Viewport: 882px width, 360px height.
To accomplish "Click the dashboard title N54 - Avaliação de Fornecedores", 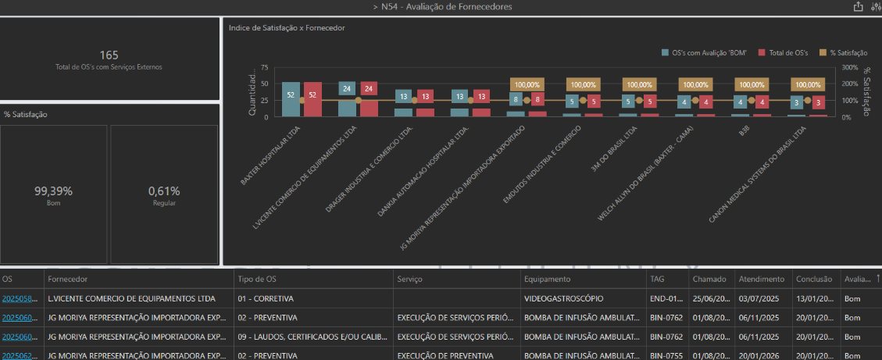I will [x=443, y=7].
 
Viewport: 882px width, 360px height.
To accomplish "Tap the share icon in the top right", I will [x=859, y=7].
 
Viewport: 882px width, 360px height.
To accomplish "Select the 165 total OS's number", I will [x=109, y=55].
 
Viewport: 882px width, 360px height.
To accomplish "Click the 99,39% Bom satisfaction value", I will [x=53, y=191].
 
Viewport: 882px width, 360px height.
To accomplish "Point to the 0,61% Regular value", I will [x=164, y=191].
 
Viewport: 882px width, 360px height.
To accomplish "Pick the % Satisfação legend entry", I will [x=843, y=52].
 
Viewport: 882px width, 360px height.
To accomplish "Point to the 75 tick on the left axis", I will [x=265, y=68].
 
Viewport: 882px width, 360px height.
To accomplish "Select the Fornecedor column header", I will [x=67, y=279].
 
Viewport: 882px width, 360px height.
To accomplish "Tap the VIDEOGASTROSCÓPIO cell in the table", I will [x=562, y=298].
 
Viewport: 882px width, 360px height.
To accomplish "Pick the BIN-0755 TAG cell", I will [x=664, y=355].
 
